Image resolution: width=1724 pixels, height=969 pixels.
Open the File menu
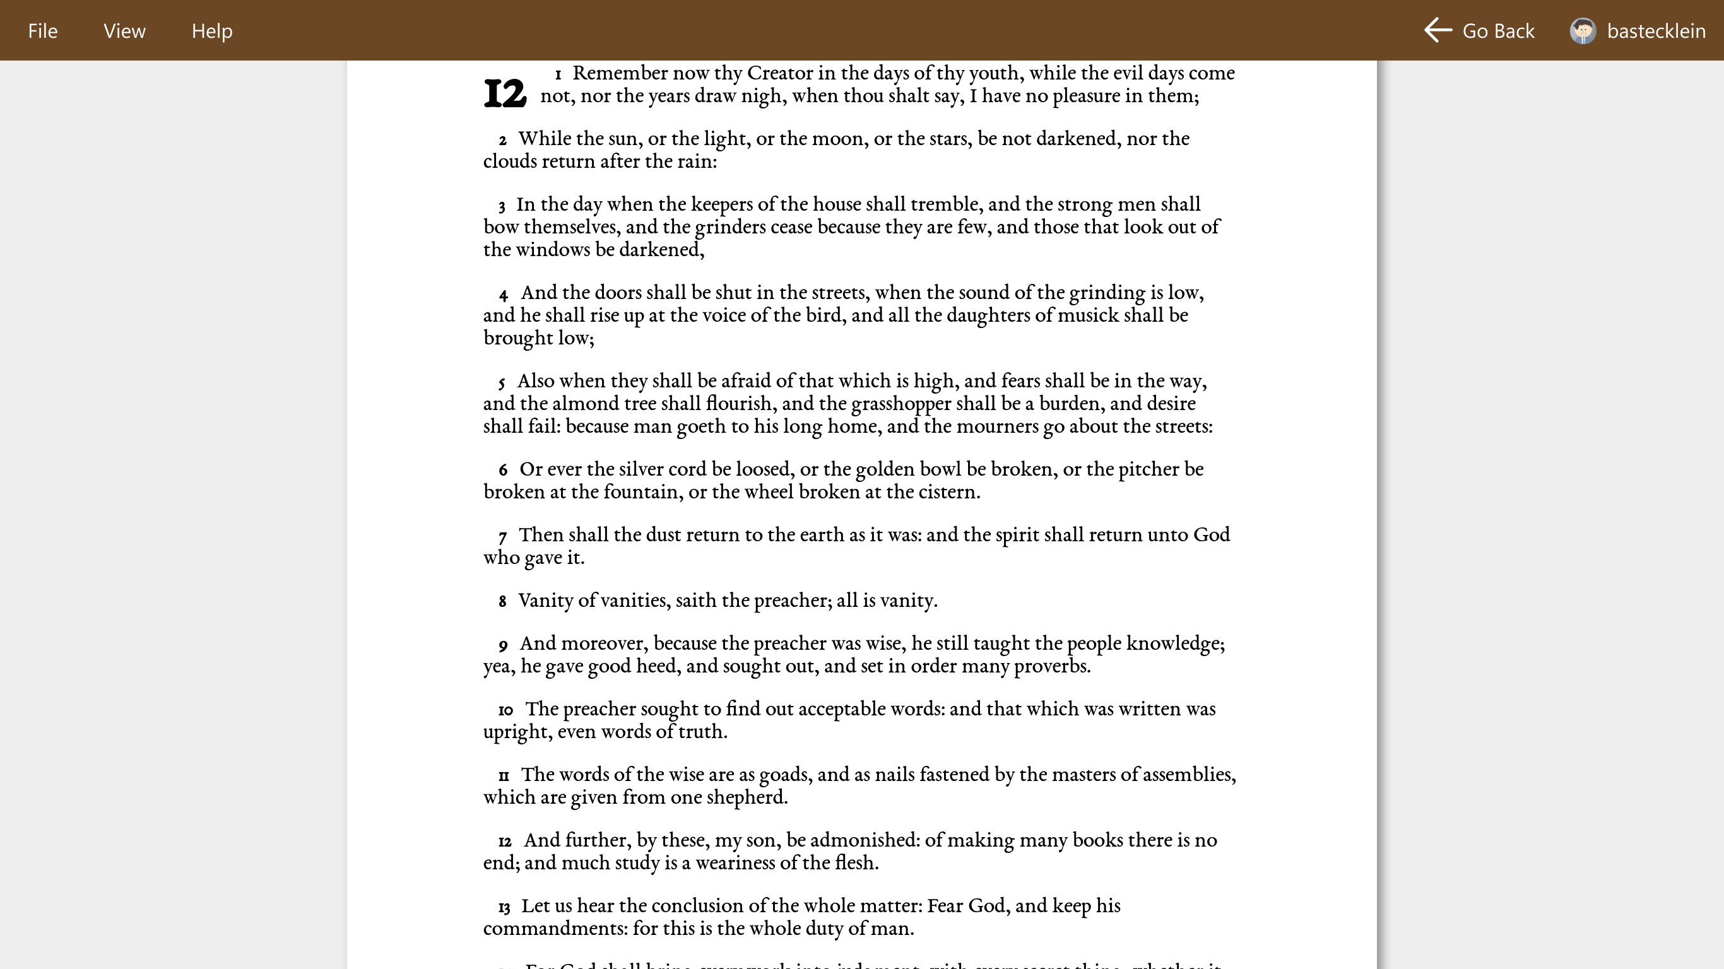43,31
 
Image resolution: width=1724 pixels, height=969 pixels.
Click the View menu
124,31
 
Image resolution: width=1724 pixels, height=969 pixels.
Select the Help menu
211,31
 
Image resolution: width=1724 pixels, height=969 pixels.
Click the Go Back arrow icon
1438,31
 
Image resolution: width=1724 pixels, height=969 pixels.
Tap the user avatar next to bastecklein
1583,31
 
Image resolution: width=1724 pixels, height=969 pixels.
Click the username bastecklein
1656,31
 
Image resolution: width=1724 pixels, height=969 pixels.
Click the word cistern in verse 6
948,492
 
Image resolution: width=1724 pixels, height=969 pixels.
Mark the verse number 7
502,536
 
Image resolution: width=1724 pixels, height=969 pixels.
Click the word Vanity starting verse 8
546,601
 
